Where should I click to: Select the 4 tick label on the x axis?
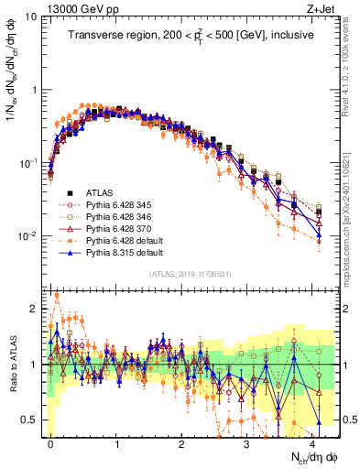[312, 442]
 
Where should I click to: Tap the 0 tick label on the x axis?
[50, 442]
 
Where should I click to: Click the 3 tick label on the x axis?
[247, 442]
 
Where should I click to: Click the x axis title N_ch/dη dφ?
[313, 457]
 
